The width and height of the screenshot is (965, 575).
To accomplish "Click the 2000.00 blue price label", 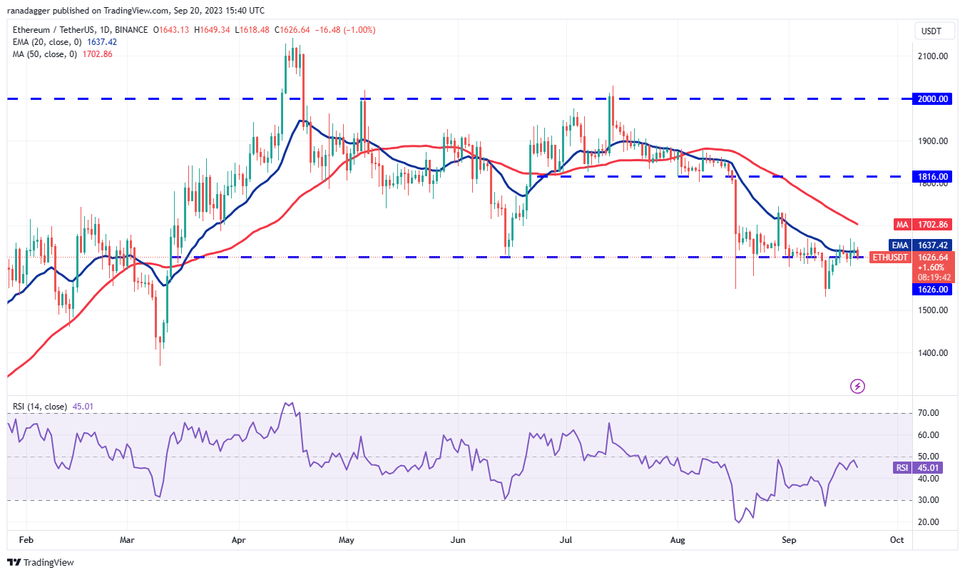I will tap(932, 99).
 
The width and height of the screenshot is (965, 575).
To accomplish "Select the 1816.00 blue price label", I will tap(932, 176).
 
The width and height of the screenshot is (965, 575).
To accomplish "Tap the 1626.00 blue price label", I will tap(932, 290).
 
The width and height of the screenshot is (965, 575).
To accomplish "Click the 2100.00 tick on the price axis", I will tap(931, 56).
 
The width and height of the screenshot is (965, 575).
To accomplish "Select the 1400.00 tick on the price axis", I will tap(931, 353).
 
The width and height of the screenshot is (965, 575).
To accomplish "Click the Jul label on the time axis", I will tap(567, 540).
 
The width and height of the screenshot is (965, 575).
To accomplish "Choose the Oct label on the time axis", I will tap(897, 540).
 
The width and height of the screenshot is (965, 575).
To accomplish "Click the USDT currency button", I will tap(931, 31).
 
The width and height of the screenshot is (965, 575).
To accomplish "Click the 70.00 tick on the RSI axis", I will tap(928, 413).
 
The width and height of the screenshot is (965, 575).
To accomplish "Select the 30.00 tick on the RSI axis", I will tap(928, 501).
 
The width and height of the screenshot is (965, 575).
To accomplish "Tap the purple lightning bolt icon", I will tap(858, 387).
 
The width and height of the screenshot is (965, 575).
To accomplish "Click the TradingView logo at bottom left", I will tap(41, 563).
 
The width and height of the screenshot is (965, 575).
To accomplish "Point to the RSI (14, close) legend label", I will tap(39, 407).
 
